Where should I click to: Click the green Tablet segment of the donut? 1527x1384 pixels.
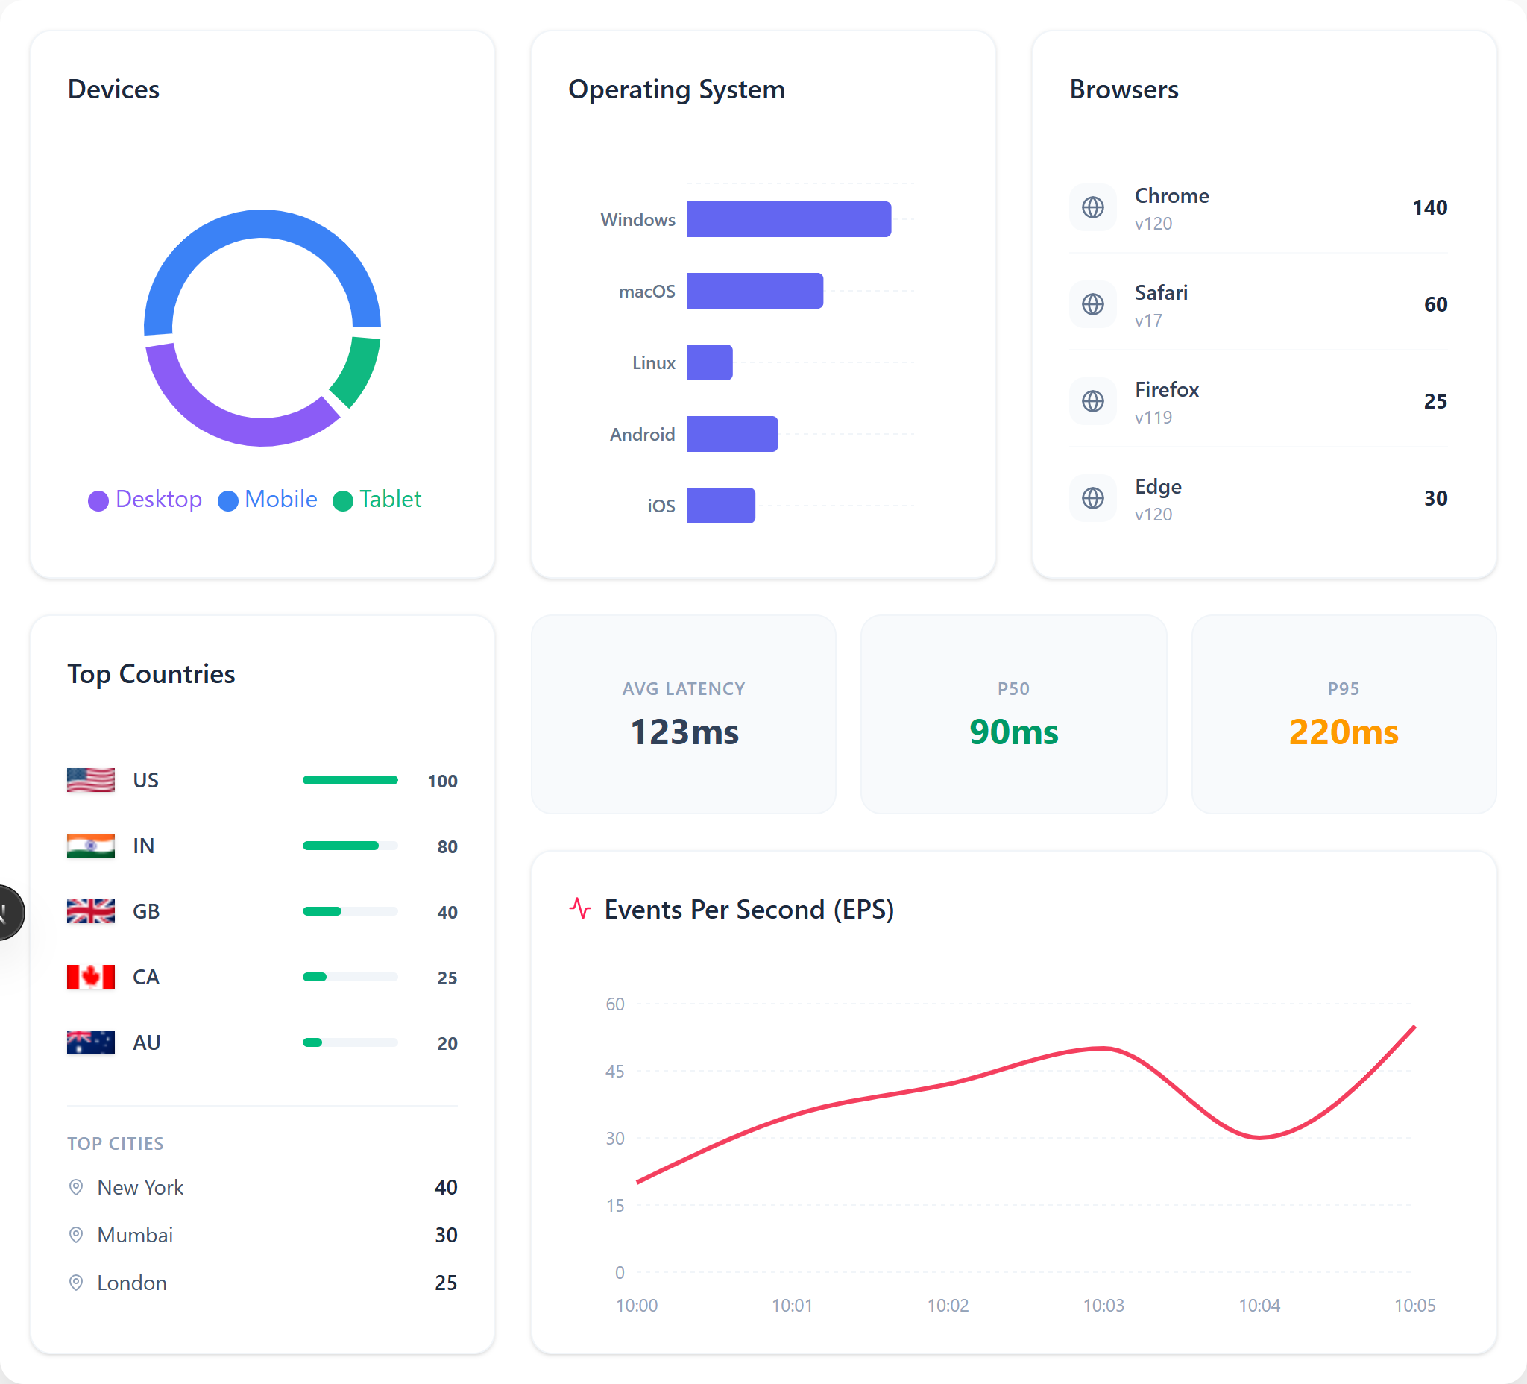357,371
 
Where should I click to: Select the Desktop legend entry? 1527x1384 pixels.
145,499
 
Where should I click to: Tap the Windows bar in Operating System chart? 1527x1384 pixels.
789,219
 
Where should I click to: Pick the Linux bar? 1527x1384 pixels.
710,362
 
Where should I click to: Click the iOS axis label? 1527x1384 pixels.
661,506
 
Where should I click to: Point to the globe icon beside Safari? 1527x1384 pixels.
1092,304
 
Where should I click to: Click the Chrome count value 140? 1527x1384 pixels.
1429,207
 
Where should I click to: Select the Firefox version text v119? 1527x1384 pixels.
1153,418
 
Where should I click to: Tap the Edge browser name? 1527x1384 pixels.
1157,486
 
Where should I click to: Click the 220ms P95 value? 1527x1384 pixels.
1343,732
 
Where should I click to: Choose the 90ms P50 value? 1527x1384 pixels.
1013,732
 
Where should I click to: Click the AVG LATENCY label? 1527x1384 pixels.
683,688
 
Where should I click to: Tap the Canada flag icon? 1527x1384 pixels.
91,976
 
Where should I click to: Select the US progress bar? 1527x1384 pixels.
350,780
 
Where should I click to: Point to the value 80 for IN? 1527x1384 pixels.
447,846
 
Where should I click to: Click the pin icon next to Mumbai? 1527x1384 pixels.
76,1235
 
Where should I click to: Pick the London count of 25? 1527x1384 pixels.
445,1283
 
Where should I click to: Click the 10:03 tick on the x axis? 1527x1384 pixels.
1103,1305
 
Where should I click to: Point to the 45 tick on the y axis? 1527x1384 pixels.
614,1071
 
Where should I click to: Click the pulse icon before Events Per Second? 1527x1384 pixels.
580,908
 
